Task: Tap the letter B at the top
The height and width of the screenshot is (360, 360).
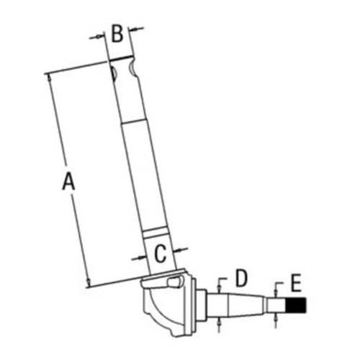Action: [117, 33]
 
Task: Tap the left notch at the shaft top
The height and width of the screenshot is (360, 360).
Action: [114, 73]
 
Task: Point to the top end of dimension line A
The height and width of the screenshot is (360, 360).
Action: [47, 73]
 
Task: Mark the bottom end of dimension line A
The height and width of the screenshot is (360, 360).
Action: [87, 286]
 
